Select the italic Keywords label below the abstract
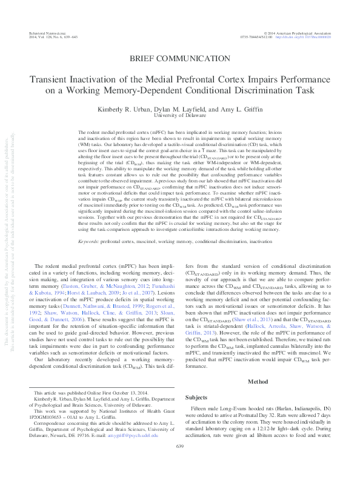[x=89, y=258]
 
